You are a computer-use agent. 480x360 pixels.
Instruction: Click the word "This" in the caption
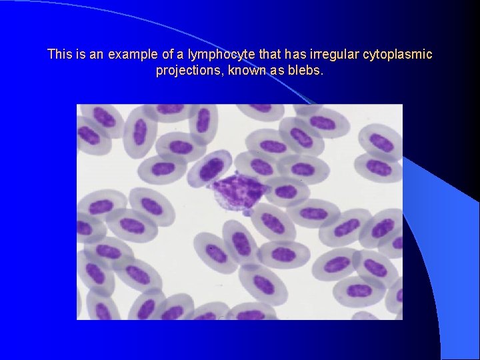59,54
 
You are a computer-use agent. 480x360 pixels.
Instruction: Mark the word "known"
247,70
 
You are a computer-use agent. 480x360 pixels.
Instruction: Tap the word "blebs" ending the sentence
305,70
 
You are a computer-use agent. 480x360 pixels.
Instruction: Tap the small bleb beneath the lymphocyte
247,211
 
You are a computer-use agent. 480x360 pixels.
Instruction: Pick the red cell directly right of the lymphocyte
285,191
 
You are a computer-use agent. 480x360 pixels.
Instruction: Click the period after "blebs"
322,73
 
